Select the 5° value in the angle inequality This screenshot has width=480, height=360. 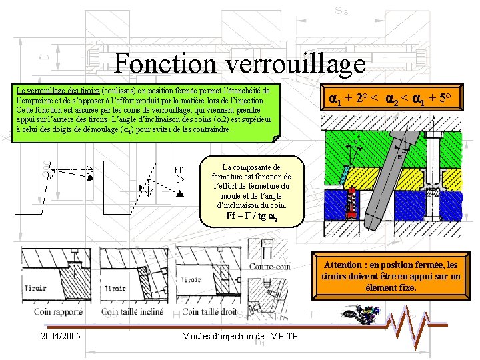point(445,99)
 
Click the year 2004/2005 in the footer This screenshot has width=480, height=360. point(61,335)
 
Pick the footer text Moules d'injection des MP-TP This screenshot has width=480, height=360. point(240,335)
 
